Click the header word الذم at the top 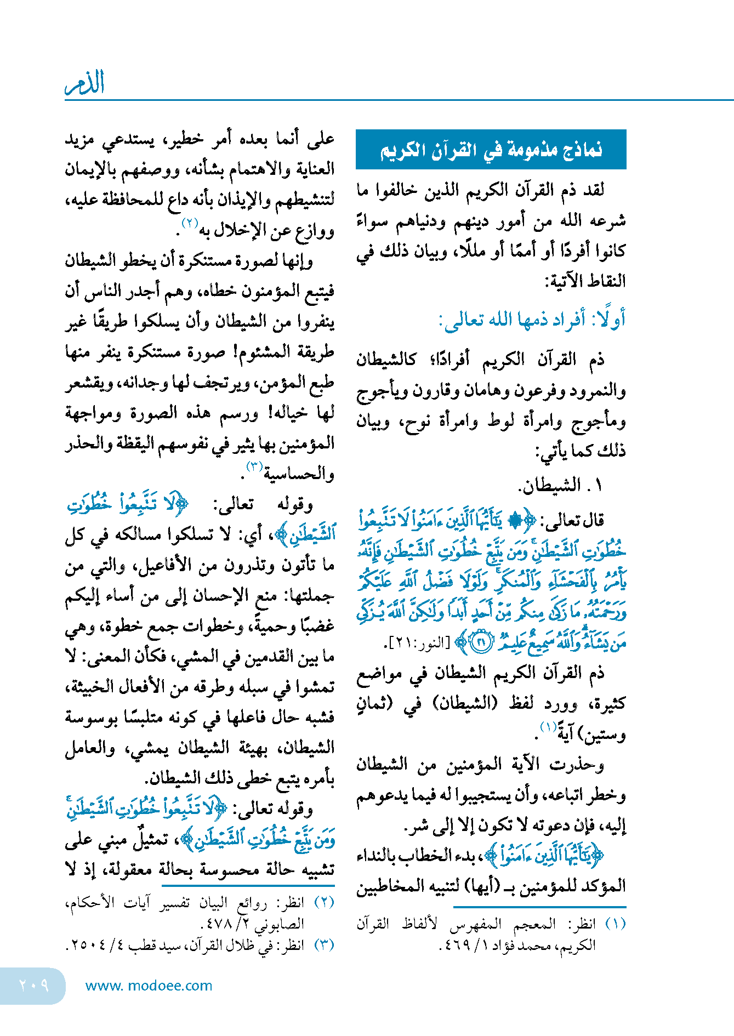[x=85, y=83]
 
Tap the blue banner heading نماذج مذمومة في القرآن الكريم [x=491, y=150]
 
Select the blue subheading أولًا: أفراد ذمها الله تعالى [x=532, y=320]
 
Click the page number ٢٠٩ [x=33, y=985]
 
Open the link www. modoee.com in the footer [x=149, y=986]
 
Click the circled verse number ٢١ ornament [x=482, y=642]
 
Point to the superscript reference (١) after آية [x=548, y=727]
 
